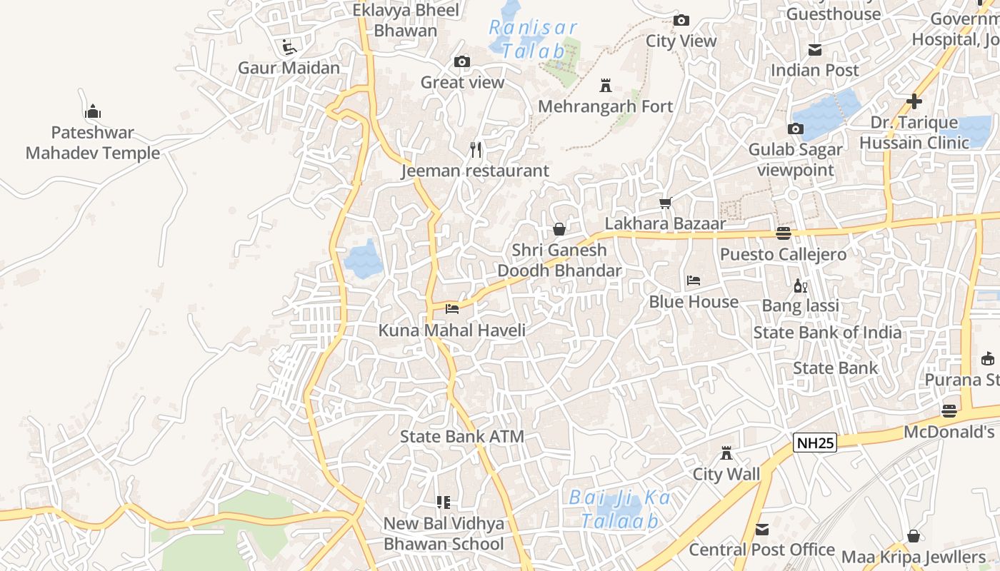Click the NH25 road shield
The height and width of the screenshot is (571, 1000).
[815, 443]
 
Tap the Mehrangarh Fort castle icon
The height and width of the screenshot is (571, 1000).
[606, 86]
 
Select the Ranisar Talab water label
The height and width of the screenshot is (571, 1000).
[533, 39]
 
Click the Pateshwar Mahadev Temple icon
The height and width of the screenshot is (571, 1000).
[92, 112]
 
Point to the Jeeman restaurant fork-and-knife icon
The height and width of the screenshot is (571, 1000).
[476, 150]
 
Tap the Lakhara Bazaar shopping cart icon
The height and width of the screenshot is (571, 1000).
[666, 203]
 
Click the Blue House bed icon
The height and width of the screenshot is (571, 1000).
[693, 281]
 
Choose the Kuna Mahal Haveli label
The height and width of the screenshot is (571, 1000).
[451, 330]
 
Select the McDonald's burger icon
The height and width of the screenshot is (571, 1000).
[949, 411]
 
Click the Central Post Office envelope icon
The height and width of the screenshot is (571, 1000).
[762, 530]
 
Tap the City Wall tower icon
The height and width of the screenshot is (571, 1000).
[726, 453]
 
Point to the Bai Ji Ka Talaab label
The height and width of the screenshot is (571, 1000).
[620, 509]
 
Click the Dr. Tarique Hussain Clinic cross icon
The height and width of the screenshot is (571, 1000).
[914, 101]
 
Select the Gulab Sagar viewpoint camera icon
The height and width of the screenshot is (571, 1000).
[795, 129]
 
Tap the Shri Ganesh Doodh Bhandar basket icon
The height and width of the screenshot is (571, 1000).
[559, 229]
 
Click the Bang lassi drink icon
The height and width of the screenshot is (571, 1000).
[800, 285]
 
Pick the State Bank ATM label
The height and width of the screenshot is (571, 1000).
[461, 437]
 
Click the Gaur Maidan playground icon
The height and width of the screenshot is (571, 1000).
[289, 47]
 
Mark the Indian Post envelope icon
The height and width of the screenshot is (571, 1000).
[814, 50]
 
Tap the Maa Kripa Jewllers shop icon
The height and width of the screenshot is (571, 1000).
[914, 536]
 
